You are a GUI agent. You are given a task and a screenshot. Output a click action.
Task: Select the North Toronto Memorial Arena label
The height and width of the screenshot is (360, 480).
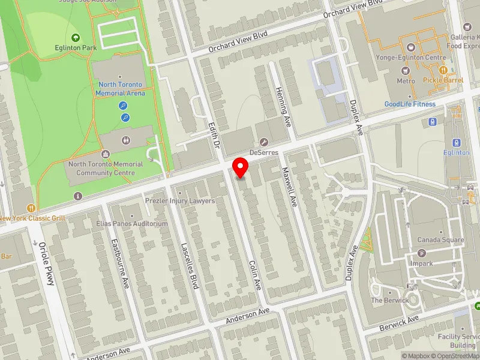(119, 89)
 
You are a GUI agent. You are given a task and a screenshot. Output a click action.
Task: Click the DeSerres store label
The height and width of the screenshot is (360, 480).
(263, 153)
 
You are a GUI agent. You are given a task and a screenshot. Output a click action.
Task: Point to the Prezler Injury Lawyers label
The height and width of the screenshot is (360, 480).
(180, 200)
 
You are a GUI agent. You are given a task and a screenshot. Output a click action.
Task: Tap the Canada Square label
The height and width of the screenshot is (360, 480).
(440, 239)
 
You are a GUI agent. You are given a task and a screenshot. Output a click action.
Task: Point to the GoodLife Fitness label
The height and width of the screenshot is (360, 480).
(410, 104)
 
